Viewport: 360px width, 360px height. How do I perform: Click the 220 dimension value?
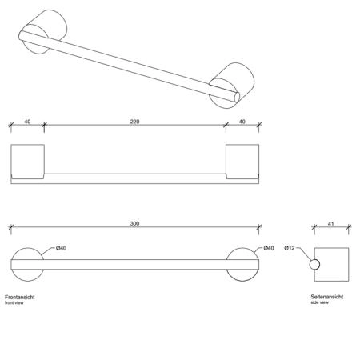click(134, 122)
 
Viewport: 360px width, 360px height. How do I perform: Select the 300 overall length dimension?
click(134, 223)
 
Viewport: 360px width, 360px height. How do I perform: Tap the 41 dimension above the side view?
click(330, 224)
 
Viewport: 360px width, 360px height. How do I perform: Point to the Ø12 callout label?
click(290, 248)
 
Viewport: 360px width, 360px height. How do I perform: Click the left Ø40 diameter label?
click(61, 248)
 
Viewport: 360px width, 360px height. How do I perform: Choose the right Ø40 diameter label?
click(269, 248)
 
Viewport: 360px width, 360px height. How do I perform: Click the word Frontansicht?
click(20, 297)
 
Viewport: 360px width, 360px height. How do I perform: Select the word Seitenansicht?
click(327, 297)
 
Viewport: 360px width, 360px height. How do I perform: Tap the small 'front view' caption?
click(14, 303)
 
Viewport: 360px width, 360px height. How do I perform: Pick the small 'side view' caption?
click(319, 302)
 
